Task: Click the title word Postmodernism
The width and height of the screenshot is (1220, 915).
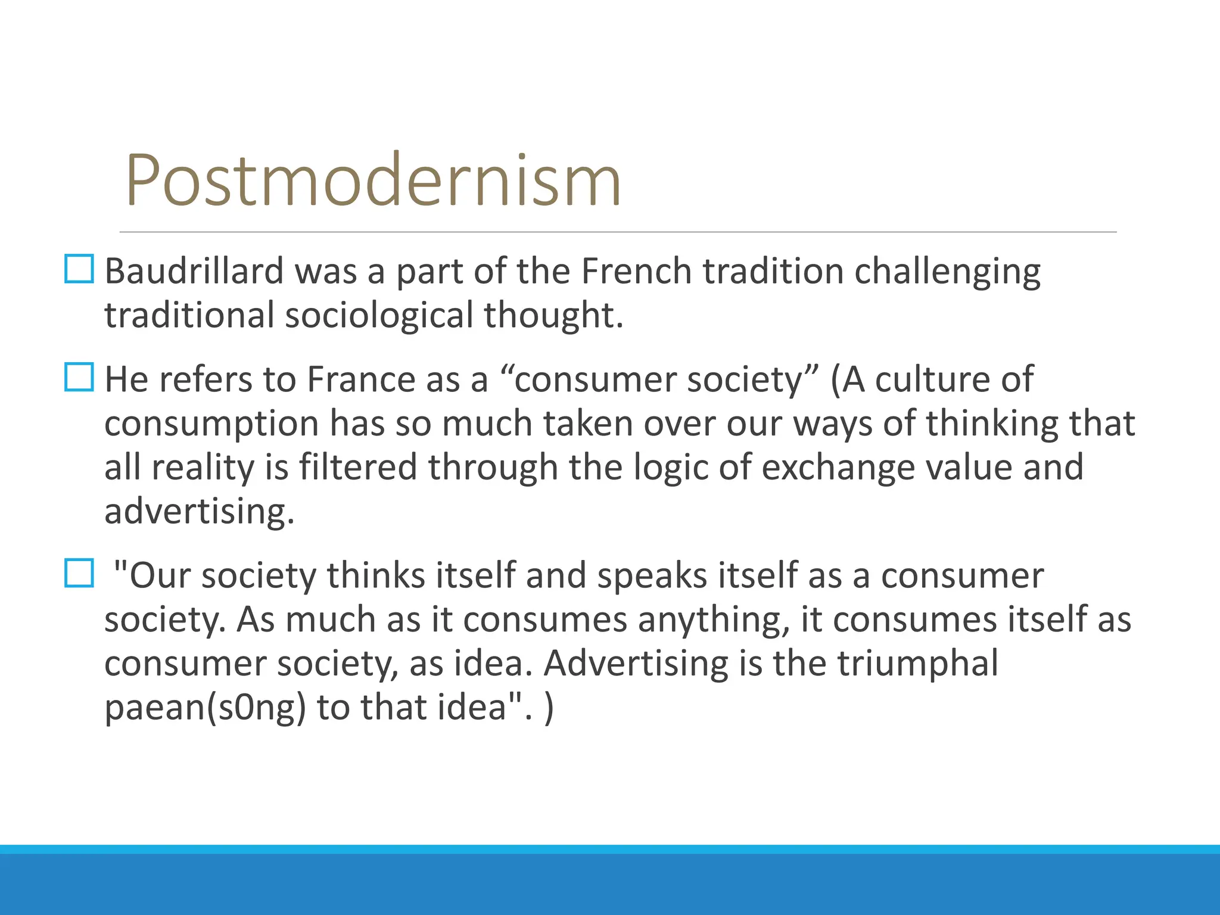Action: pyautogui.click(x=374, y=180)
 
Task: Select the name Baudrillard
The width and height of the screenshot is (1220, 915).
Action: pyautogui.click(x=194, y=271)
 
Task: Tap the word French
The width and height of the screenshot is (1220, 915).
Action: pyautogui.click(x=636, y=271)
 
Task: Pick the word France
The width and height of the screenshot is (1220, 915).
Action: pyautogui.click(x=361, y=379)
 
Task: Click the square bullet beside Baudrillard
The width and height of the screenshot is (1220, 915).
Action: pyautogui.click(x=79, y=269)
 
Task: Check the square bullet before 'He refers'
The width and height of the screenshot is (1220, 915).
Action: pyautogui.click(x=79, y=377)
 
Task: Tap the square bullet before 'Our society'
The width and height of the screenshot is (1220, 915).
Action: pyautogui.click(x=79, y=573)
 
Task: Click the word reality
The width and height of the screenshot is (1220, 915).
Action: pyautogui.click(x=203, y=468)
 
